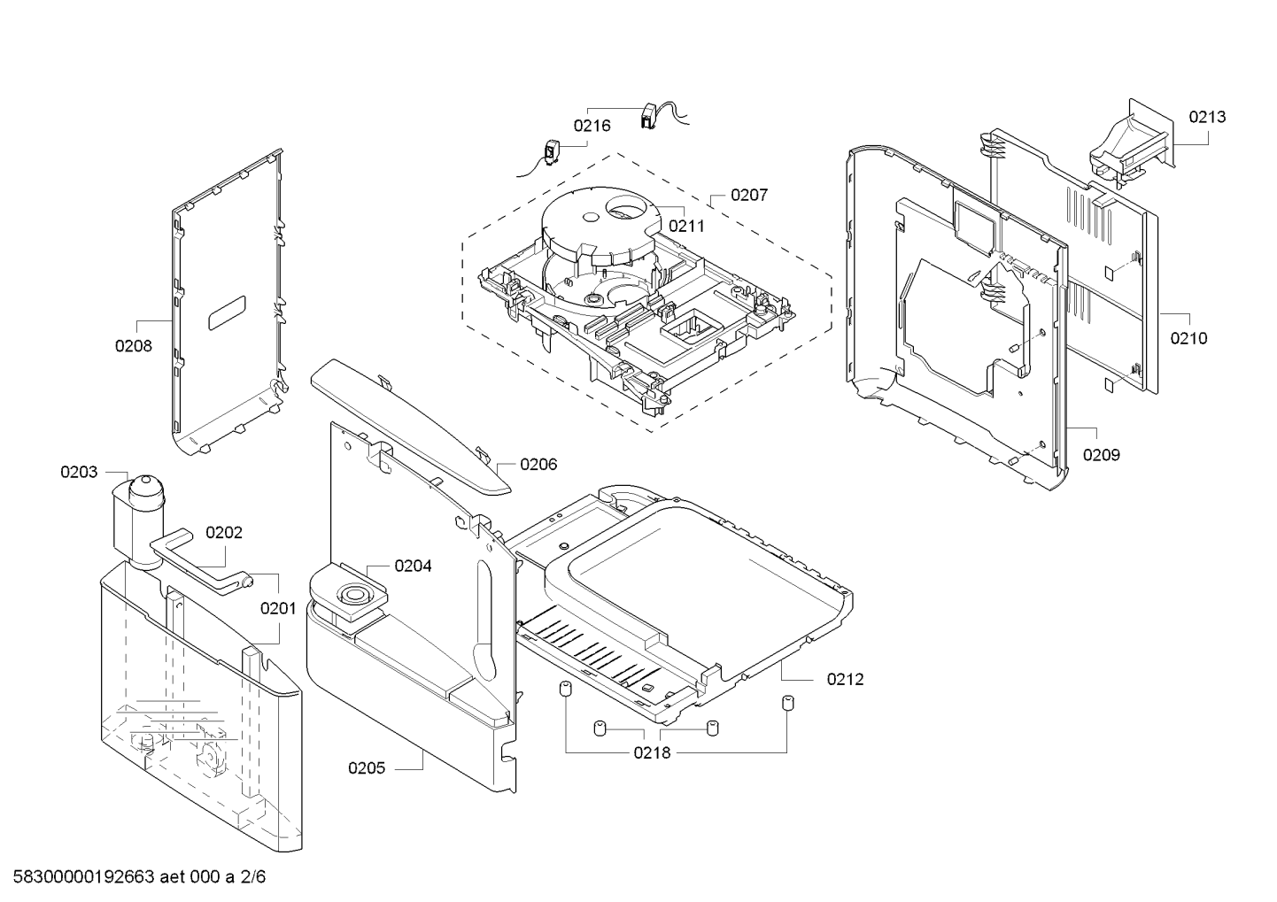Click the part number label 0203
pyautogui.click(x=79, y=473)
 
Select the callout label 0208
pyautogui.click(x=134, y=346)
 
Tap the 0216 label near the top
pyautogui.click(x=592, y=126)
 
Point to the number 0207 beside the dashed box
pyautogui.click(x=749, y=196)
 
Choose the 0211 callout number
pyautogui.click(x=686, y=227)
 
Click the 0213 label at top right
pyautogui.click(x=1207, y=117)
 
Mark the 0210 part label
pyautogui.click(x=1188, y=338)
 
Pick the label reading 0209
pyautogui.click(x=1102, y=455)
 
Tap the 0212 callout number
pyautogui.click(x=845, y=679)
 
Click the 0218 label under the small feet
pyautogui.click(x=652, y=753)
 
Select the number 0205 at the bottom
pyautogui.click(x=367, y=768)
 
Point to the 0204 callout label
pyautogui.click(x=413, y=566)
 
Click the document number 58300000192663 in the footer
pyautogui.click(x=83, y=876)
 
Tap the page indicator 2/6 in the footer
pyautogui.click(x=252, y=876)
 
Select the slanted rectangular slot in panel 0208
pyautogui.click(x=227, y=312)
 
